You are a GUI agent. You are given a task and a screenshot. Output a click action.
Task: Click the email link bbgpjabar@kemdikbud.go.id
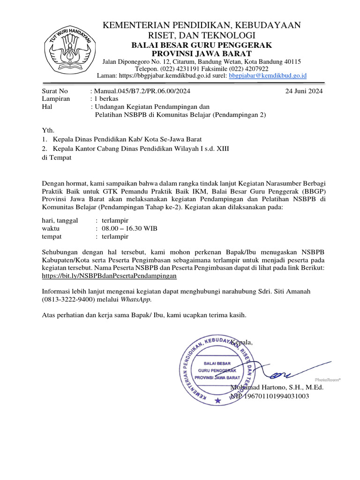point(268,75)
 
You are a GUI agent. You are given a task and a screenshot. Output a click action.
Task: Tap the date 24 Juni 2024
point(304,91)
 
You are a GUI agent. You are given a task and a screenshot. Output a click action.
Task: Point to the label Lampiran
point(56,99)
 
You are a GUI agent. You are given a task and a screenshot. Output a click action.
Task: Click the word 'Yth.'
point(48,130)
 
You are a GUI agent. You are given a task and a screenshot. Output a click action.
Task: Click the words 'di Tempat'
point(57,157)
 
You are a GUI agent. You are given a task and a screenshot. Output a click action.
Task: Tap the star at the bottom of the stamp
point(217,400)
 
